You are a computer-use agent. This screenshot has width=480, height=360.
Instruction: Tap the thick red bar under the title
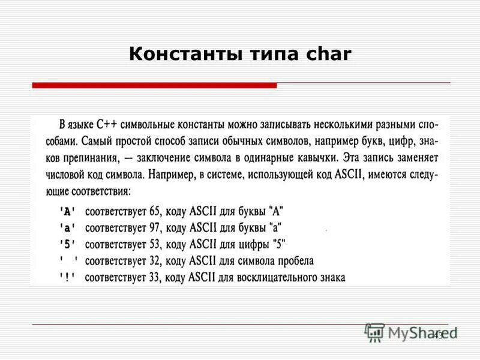click(154, 86)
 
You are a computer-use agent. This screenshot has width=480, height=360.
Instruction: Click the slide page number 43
click(437, 335)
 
